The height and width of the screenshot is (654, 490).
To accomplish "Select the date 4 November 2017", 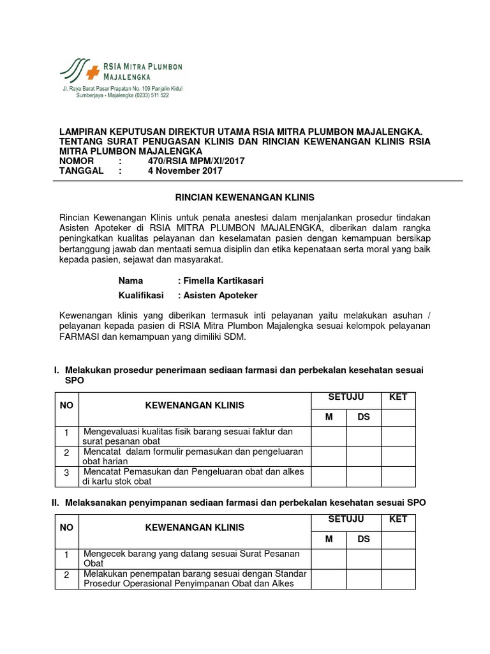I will coord(185,171).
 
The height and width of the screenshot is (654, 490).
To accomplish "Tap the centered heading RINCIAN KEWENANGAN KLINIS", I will coord(245,198).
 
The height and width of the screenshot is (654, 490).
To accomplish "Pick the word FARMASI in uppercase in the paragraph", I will coord(78,338).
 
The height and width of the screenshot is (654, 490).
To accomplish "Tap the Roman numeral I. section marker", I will coord(57,370).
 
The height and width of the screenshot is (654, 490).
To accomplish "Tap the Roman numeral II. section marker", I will coord(56,503).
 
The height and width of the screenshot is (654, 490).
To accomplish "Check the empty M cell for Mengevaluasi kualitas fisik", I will coord(329,436).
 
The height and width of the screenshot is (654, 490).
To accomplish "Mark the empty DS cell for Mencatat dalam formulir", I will coord(364,456).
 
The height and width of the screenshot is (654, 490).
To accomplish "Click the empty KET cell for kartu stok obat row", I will coord(399,476).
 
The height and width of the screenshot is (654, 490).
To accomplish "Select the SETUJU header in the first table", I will coord(346,397).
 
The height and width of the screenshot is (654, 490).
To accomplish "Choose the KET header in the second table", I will coord(399,519).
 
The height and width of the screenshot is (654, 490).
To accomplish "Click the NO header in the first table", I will coord(66,405).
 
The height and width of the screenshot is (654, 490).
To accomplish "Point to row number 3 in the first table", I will coord(66,473).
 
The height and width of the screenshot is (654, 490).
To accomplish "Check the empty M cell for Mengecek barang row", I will coord(329,558).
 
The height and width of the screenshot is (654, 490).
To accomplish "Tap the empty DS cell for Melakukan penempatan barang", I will coord(364,579).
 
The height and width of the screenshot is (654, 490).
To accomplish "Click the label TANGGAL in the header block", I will coord(82,171).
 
